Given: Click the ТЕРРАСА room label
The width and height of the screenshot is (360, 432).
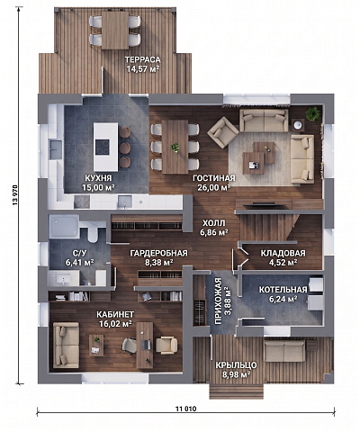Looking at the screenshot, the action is click(x=143, y=59).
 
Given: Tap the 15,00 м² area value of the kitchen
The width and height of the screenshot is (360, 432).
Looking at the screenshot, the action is click(x=99, y=188).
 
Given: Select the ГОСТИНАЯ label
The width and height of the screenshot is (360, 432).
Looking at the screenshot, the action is click(x=214, y=178).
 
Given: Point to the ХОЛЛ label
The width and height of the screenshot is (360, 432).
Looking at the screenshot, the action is click(x=213, y=223).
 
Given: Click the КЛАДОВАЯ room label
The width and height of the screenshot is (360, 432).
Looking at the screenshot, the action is click(x=283, y=253).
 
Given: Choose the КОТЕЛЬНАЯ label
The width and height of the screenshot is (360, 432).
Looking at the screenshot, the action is click(x=283, y=290).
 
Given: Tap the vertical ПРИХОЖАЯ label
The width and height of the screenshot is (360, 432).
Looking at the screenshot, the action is click(x=219, y=301).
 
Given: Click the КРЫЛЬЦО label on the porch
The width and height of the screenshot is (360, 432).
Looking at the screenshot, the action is click(x=236, y=365).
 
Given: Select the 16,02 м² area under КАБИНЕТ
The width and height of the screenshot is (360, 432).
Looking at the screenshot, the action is click(x=116, y=323).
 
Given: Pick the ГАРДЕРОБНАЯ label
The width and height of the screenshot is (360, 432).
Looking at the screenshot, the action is click(x=158, y=253).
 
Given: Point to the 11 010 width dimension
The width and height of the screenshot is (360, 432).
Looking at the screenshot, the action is click(x=186, y=409).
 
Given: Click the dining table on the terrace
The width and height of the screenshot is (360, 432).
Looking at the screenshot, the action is click(x=115, y=30).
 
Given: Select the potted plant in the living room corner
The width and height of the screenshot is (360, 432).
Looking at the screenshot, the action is click(x=313, y=113).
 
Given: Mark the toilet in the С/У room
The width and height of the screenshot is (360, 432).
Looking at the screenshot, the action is click(x=93, y=234).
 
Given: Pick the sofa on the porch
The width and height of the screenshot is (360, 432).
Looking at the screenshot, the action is click(x=284, y=351).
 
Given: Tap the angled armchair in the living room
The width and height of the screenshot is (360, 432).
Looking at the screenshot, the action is click(x=223, y=132).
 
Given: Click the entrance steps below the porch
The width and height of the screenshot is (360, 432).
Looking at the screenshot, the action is click(x=237, y=391).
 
